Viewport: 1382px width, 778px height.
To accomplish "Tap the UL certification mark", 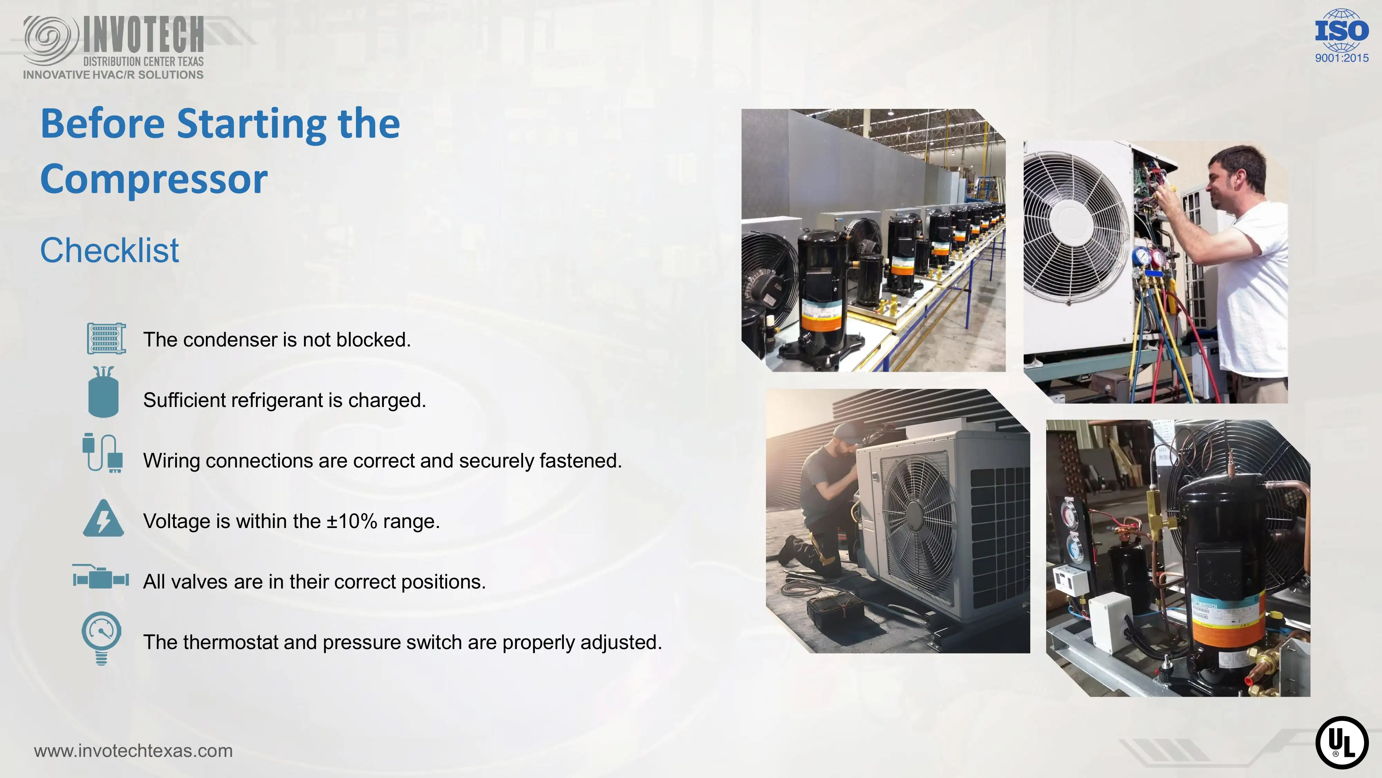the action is (x=1342, y=743).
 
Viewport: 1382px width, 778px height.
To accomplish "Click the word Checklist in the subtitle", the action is (x=110, y=250).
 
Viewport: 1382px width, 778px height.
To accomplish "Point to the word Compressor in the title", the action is (x=154, y=179).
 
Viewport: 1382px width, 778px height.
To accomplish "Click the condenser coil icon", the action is (x=106, y=338).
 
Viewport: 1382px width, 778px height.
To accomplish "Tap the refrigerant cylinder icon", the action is (x=103, y=392).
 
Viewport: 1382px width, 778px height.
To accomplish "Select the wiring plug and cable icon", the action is (x=103, y=453).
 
